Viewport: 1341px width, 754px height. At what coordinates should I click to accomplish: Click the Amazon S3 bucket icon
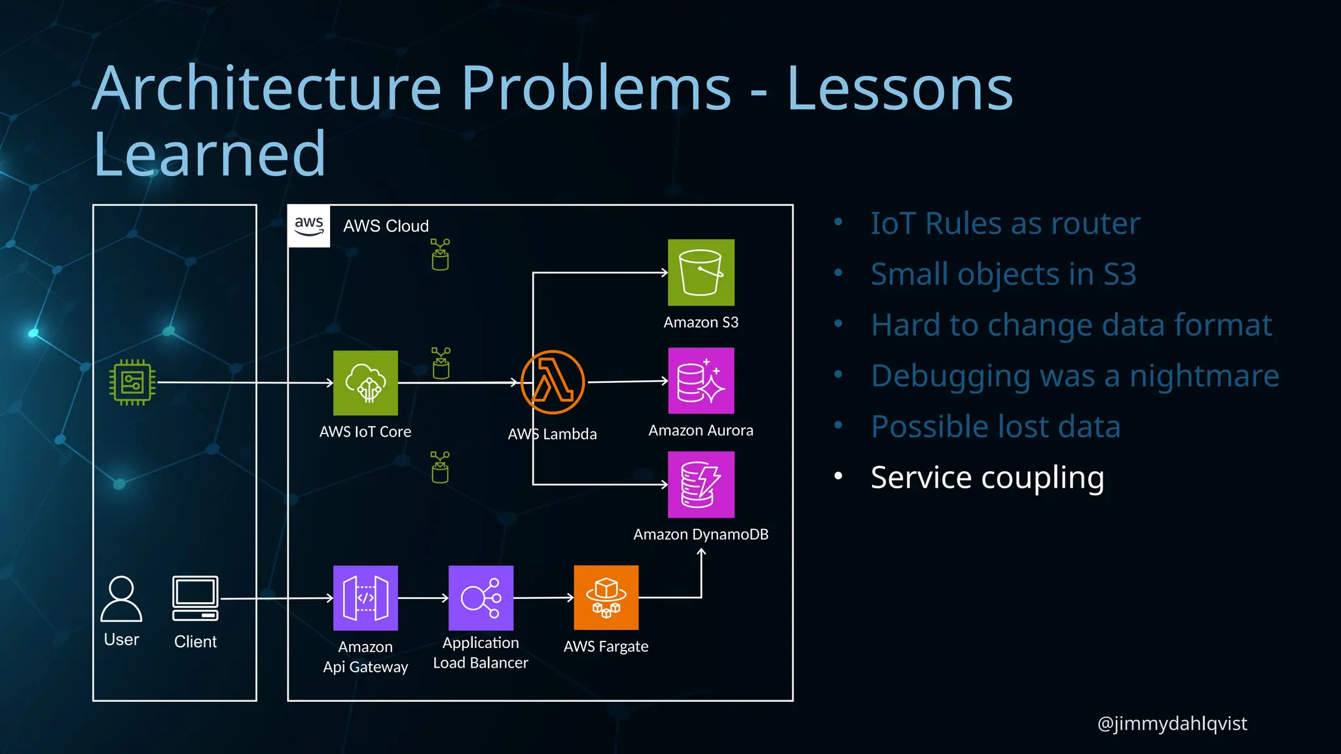[x=701, y=272]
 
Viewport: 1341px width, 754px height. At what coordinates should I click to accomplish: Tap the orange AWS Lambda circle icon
[x=552, y=382]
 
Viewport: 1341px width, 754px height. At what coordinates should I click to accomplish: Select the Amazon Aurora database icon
[x=701, y=381]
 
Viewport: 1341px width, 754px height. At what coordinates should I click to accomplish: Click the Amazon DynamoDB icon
[x=701, y=485]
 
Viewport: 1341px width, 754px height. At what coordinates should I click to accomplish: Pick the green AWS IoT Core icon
[x=365, y=383]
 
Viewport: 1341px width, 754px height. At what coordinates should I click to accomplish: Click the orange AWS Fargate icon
[x=606, y=598]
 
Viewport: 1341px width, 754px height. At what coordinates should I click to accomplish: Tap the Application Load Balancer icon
[x=481, y=598]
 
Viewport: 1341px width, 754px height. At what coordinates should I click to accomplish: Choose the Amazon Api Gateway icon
[x=365, y=598]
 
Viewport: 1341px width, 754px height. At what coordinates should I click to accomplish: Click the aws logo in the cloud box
[x=309, y=226]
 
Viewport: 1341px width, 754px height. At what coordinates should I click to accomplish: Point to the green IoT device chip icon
[x=132, y=382]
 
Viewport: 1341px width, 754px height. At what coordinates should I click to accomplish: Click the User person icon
[x=121, y=598]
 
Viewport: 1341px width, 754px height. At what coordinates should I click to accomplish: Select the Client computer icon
[x=195, y=598]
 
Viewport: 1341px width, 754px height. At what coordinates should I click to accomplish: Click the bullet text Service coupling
[x=987, y=477]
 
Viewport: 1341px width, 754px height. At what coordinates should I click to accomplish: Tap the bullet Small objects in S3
[x=1002, y=274]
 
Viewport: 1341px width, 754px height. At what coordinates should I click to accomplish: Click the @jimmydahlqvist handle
[x=1171, y=723]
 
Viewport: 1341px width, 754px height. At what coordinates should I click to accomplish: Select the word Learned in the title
[x=210, y=154]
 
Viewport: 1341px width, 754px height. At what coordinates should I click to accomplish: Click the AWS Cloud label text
[x=386, y=226]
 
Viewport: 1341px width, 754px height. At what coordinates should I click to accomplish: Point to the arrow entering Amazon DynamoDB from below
[x=701, y=554]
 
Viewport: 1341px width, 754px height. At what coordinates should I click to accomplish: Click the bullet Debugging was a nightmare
[x=1075, y=376]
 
